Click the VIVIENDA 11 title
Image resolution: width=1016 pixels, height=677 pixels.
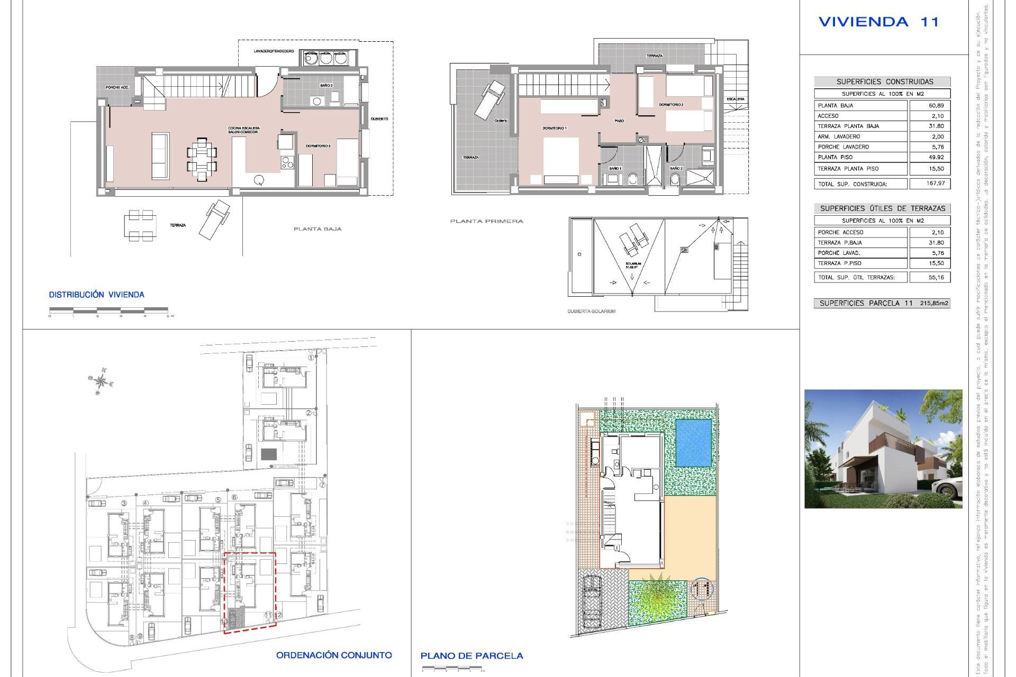(878, 22)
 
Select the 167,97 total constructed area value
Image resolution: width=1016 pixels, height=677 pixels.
(936, 184)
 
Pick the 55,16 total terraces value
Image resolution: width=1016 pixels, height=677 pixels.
(936, 277)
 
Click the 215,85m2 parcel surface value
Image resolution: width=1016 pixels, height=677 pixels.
(934, 303)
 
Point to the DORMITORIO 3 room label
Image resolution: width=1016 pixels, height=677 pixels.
(318, 146)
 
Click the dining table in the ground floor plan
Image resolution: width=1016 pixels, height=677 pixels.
(202, 159)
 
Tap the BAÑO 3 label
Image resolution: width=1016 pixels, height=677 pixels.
(326, 85)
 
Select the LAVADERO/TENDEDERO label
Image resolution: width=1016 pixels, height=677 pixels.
(274, 51)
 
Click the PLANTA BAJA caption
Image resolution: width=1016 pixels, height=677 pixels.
(317, 229)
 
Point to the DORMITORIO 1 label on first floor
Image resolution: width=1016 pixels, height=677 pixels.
(554, 129)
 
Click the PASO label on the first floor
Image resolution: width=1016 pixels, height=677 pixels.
(619, 121)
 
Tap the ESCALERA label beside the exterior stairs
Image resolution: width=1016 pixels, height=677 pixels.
(735, 99)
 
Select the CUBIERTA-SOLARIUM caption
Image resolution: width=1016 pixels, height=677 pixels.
(591, 312)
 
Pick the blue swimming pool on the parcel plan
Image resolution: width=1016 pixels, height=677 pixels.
(694, 443)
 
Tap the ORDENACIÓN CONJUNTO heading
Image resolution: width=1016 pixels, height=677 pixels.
(334, 655)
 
